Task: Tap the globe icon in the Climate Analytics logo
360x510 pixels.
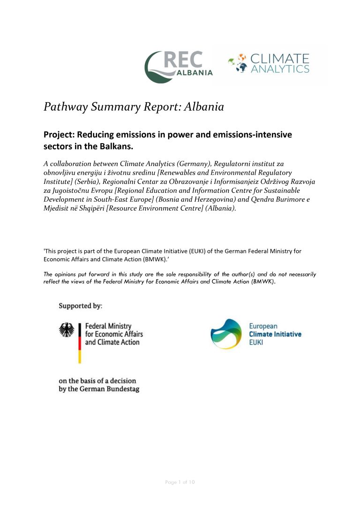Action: pyautogui.click(x=239, y=64)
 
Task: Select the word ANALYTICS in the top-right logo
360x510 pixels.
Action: pyautogui.click(x=280, y=69)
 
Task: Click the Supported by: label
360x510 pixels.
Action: pyautogui.click(x=80, y=306)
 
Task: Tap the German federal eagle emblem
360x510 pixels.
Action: pyautogui.click(x=67, y=330)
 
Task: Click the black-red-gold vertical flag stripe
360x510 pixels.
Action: pyautogui.click(x=79, y=343)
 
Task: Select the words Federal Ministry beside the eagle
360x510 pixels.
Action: pyautogui.click(x=108, y=326)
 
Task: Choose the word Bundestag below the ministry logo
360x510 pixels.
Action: pyautogui.click(x=120, y=389)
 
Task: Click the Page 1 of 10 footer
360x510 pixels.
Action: pyautogui.click(x=180, y=482)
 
